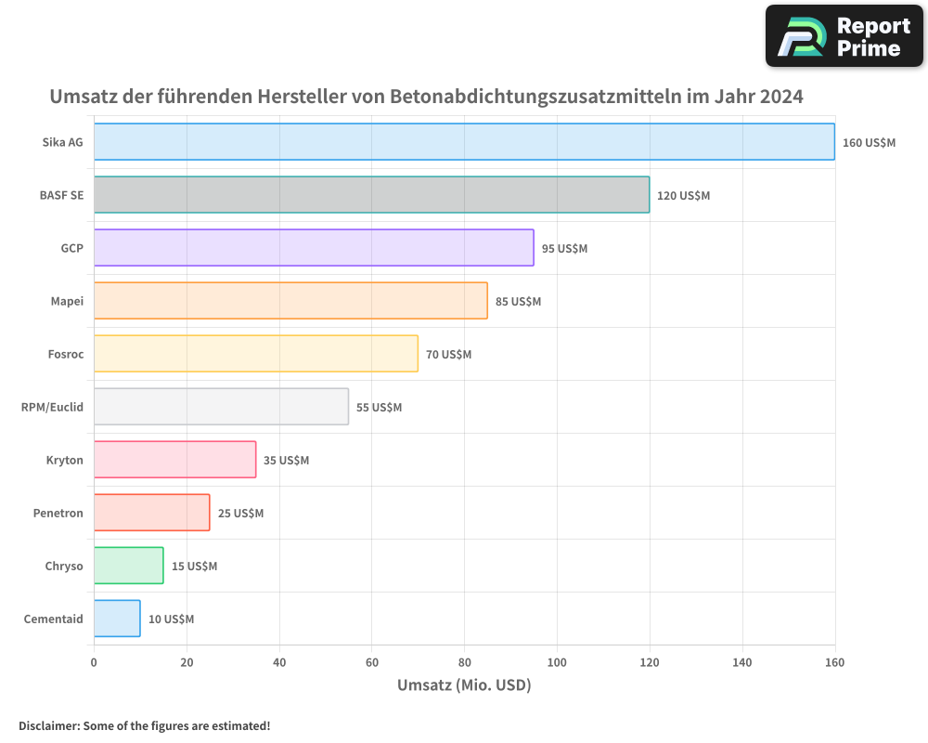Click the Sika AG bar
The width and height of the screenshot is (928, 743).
(464, 142)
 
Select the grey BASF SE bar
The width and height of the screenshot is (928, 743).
(371, 195)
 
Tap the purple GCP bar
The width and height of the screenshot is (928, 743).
(314, 248)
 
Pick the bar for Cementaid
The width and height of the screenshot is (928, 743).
(117, 619)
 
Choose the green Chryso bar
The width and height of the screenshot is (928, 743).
(128, 566)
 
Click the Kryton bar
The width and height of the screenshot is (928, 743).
(174, 460)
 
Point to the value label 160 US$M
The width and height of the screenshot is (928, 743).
(869, 143)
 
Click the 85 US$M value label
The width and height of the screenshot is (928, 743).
(518, 302)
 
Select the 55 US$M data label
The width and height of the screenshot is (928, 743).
(379, 408)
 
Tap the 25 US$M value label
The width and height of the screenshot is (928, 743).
(240, 514)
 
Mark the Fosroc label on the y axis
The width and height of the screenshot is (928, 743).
(65, 354)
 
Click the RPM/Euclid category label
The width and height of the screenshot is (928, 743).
(52, 407)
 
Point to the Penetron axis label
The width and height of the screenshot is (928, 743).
(58, 513)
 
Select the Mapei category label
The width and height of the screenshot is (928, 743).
(67, 301)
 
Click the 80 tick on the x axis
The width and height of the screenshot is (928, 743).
(464, 662)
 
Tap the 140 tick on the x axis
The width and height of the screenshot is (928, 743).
(742, 662)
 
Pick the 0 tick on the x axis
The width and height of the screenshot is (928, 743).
(94, 662)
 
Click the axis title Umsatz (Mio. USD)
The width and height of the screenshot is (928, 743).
(464, 685)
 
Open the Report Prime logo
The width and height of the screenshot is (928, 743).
(844, 36)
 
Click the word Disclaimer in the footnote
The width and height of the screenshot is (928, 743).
(48, 725)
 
